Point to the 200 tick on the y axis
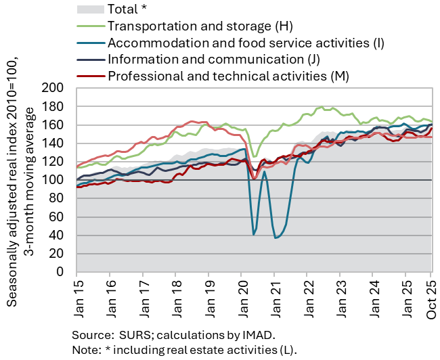pyautogui.click(x=53, y=88)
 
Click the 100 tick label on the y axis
pyautogui.click(x=53, y=180)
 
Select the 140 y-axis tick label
pyautogui.click(x=53, y=143)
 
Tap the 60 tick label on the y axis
pyautogui.click(x=56, y=217)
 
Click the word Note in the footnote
pyautogui.click(x=86, y=349)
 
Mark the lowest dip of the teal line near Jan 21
pyautogui.click(x=276, y=238)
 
